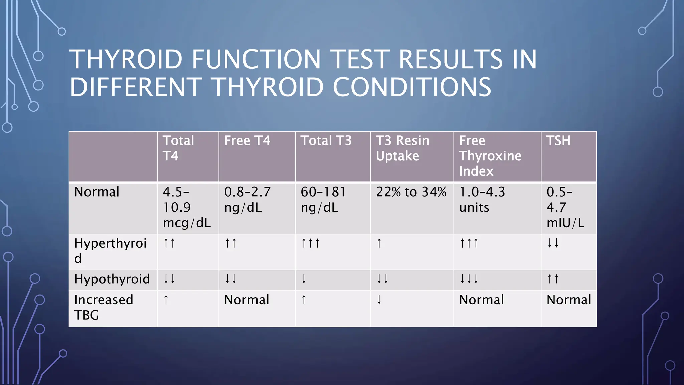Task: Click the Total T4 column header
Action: click(x=178, y=148)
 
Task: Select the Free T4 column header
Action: click(x=247, y=141)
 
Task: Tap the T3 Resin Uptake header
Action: click(x=402, y=148)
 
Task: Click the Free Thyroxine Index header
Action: click(x=490, y=156)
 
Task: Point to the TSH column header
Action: click(x=558, y=141)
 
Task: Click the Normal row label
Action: click(x=97, y=192)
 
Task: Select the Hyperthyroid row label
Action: click(x=111, y=251)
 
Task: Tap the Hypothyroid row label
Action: click(x=112, y=279)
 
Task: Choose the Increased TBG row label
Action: click(x=104, y=307)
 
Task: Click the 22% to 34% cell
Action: click(x=411, y=192)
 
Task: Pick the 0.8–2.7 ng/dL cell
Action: click(x=247, y=200)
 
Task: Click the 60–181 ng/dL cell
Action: click(x=323, y=200)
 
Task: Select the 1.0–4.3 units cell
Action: click(x=482, y=200)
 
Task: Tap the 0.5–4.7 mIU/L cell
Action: click(x=565, y=207)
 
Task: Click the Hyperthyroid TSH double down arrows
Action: click(x=553, y=243)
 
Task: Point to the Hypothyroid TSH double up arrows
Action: click(x=553, y=279)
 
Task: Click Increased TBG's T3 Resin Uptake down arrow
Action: click(x=379, y=300)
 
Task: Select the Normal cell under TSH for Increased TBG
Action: click(x=569, y=300)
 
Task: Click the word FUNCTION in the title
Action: click(x=256, y=59)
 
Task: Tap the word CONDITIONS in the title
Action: click(x=412, y=87)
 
